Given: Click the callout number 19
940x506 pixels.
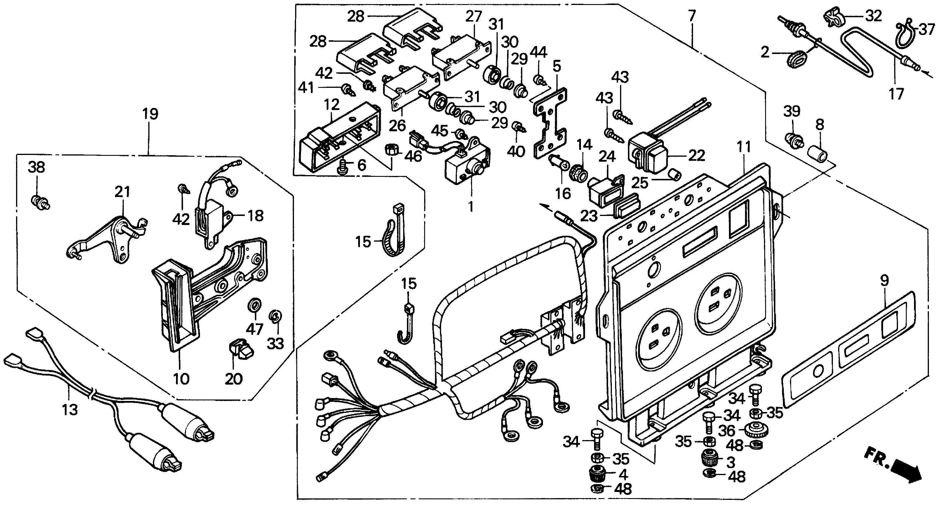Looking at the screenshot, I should click(x=150, y=114).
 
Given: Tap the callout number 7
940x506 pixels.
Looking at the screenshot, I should click(x=692, y=16).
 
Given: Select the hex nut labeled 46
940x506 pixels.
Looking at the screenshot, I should click(x=391, y=149).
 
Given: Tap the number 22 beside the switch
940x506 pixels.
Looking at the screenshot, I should click(x=696, y=156).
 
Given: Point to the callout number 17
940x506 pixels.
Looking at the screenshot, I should click(x=896, y=94).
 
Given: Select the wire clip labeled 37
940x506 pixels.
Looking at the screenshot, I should click(x=908, y=35).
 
